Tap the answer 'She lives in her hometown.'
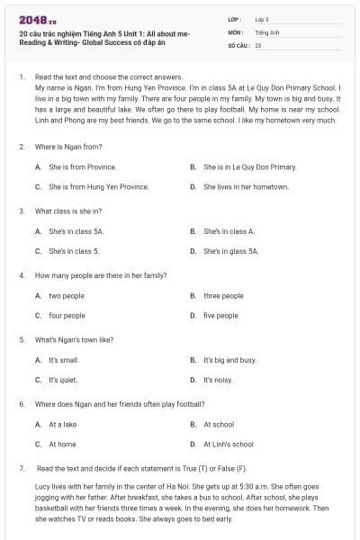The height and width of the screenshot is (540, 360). point(246,186)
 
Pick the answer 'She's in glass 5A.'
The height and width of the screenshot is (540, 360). point(230,251)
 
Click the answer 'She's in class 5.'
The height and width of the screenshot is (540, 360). point(74,251)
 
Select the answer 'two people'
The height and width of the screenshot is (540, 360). point(67,295)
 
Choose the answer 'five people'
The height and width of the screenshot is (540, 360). point(220,316)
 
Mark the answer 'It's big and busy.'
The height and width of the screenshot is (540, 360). point(229,360)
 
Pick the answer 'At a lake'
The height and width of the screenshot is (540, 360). point(63,424)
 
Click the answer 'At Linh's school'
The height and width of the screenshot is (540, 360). point(229,444)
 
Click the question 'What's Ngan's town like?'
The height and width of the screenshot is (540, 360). point(74,339)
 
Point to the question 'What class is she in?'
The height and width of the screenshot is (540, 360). point(68,211)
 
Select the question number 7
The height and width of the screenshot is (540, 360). point(21,469)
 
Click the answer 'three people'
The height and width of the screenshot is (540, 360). point(223,295)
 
